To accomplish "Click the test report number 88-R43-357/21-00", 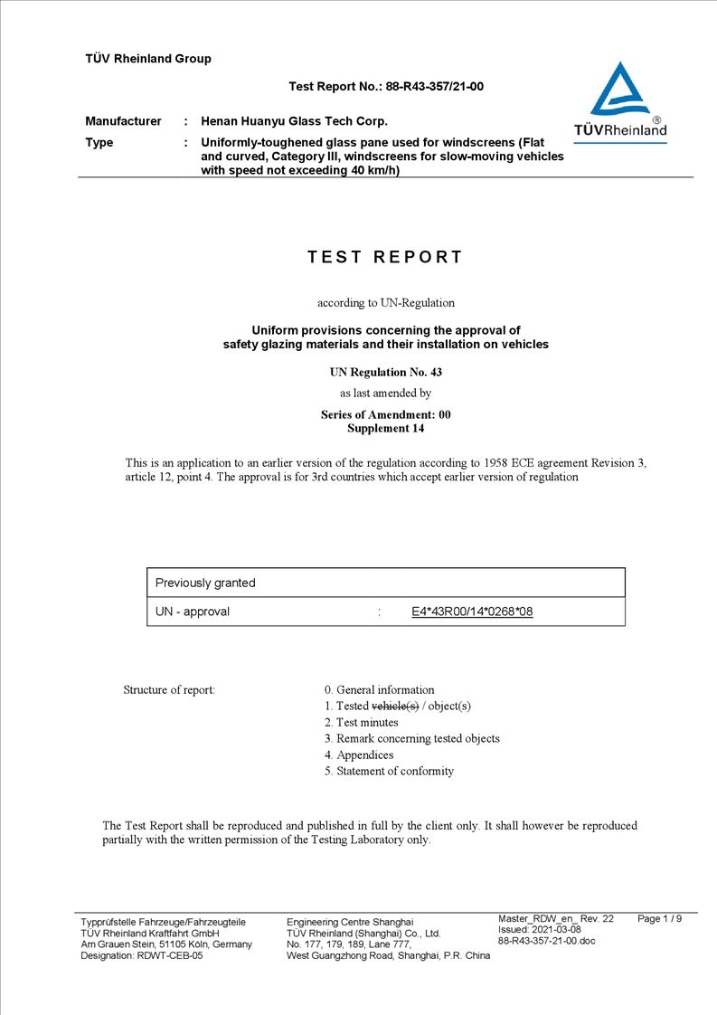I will (435, 87).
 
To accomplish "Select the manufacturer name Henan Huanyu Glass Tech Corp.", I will (294, 121).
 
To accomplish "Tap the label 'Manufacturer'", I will (123, 121).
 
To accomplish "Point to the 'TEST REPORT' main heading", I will (385, 257).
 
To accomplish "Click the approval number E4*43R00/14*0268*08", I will (472, 612).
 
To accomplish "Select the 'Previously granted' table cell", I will (205, 583).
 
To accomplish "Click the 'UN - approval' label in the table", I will (193, 612).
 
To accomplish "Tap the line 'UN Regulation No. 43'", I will (385, 372).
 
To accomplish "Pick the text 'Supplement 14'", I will (385, 429).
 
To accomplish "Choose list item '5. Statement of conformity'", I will (389, 771).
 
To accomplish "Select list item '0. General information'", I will (379, 689).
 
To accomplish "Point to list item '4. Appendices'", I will (359, 754).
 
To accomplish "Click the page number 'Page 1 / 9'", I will (660, 919).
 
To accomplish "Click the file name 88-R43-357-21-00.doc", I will (546, 941).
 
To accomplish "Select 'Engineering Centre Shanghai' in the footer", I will (349, 922).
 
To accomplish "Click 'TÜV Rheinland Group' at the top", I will (148, 59).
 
